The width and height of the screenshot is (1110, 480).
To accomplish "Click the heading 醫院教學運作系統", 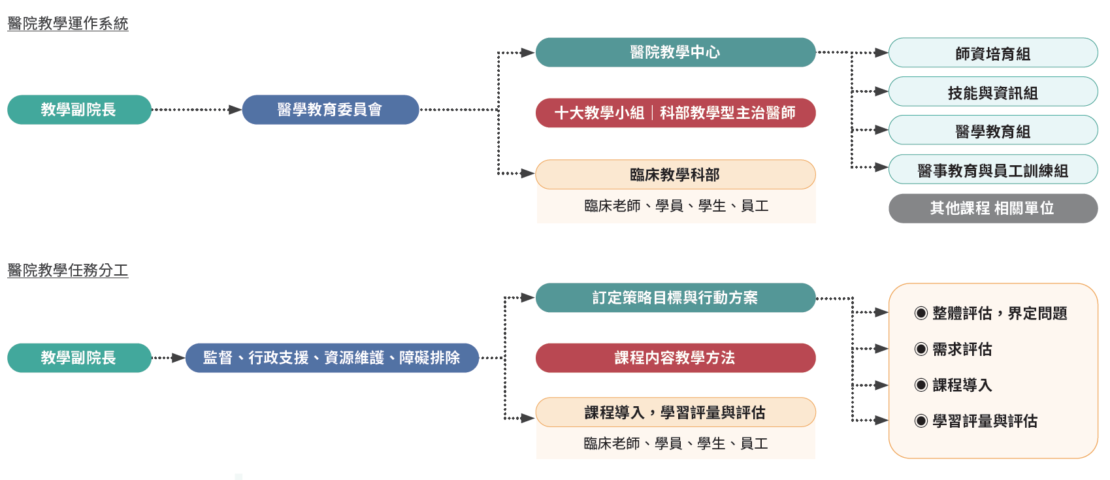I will click(68, 24).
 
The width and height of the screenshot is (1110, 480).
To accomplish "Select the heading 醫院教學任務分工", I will click(68, 270).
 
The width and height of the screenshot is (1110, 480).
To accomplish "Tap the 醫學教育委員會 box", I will click(330, 110).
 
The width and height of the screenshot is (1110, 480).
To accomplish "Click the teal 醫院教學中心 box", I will click(675, 52).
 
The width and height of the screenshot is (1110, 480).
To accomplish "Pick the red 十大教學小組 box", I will click(675, 113).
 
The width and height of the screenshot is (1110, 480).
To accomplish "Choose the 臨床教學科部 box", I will click(675, 175).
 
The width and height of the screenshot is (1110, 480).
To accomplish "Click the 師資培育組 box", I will click(992, 54).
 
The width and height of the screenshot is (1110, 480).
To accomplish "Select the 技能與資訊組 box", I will click(992, 92).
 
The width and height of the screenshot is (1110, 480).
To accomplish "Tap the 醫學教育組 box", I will click(992, 131).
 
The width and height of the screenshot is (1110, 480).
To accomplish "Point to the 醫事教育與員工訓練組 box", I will click(992, 170).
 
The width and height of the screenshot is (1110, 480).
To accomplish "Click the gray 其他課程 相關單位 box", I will click(992, 208).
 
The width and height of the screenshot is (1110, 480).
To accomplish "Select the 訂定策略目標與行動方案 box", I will click(675, 298).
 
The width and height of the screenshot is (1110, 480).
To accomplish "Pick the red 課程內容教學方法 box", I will click(675, 358).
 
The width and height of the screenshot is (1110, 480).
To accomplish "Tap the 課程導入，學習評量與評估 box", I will click(675, 413).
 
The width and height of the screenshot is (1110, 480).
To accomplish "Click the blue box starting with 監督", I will click(332, 358).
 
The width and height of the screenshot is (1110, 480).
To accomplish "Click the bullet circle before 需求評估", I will click(921, 349).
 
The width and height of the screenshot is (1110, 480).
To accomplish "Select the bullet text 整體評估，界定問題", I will click(1000, 313).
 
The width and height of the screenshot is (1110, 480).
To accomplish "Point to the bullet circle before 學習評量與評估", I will click(921, 421).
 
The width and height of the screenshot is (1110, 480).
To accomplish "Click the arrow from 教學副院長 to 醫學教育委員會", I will click(196, 110).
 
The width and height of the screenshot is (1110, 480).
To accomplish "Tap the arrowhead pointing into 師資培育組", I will click(881, 53).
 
